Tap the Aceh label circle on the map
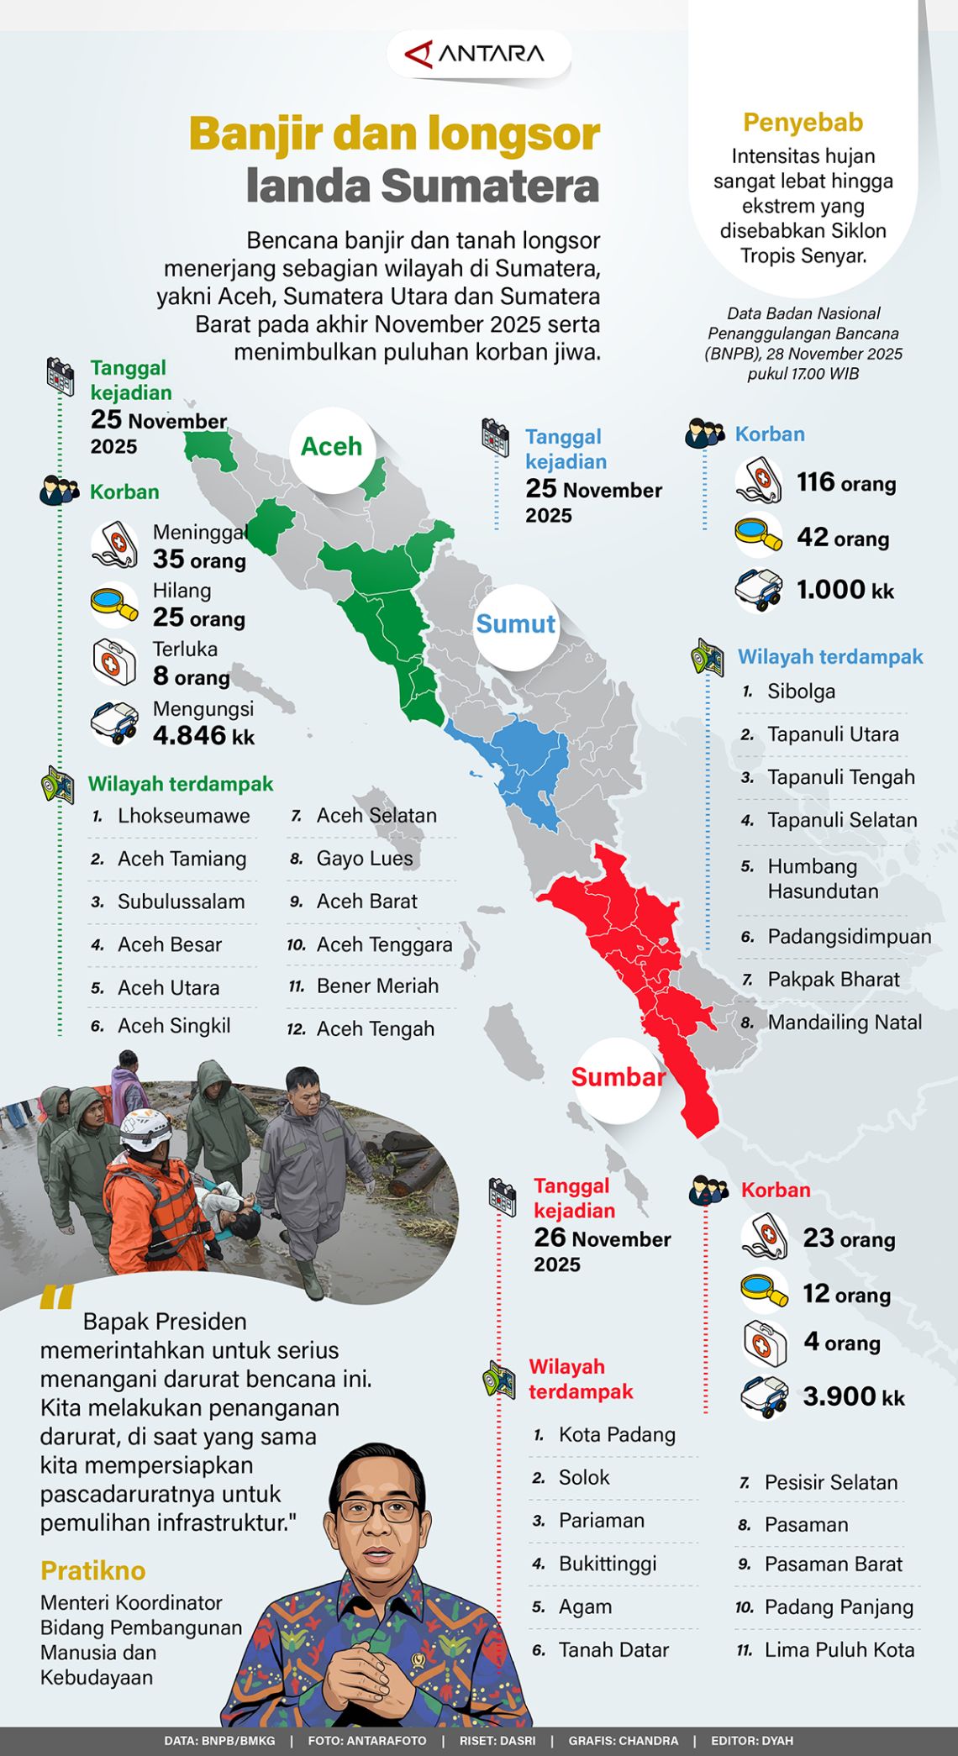click(x=332, y=447)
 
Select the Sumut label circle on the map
click(x=515, y=624)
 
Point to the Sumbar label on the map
click(x=618, y=1078)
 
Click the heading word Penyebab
click(x=803, y=123)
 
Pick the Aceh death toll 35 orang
click(x=199, y=560)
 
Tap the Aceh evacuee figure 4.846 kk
click(x=203, y=736)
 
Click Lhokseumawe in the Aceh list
click(x=183, y=816)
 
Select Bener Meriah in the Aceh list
click(x=377, y=986)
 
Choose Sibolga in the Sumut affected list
click(x=801, y=691)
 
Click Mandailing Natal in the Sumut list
click(x=845, y=1023)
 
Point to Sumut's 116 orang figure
click(x=845, y=483)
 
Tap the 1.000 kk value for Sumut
click(x=845, y=590)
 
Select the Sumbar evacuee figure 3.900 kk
click(x=853, y=1396)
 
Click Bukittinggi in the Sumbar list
click(x=607, y=1564)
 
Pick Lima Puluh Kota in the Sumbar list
click(x=839, y=1649)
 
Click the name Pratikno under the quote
click(x=93, y=1570)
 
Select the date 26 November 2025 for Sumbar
click(x=602, y=1250)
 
